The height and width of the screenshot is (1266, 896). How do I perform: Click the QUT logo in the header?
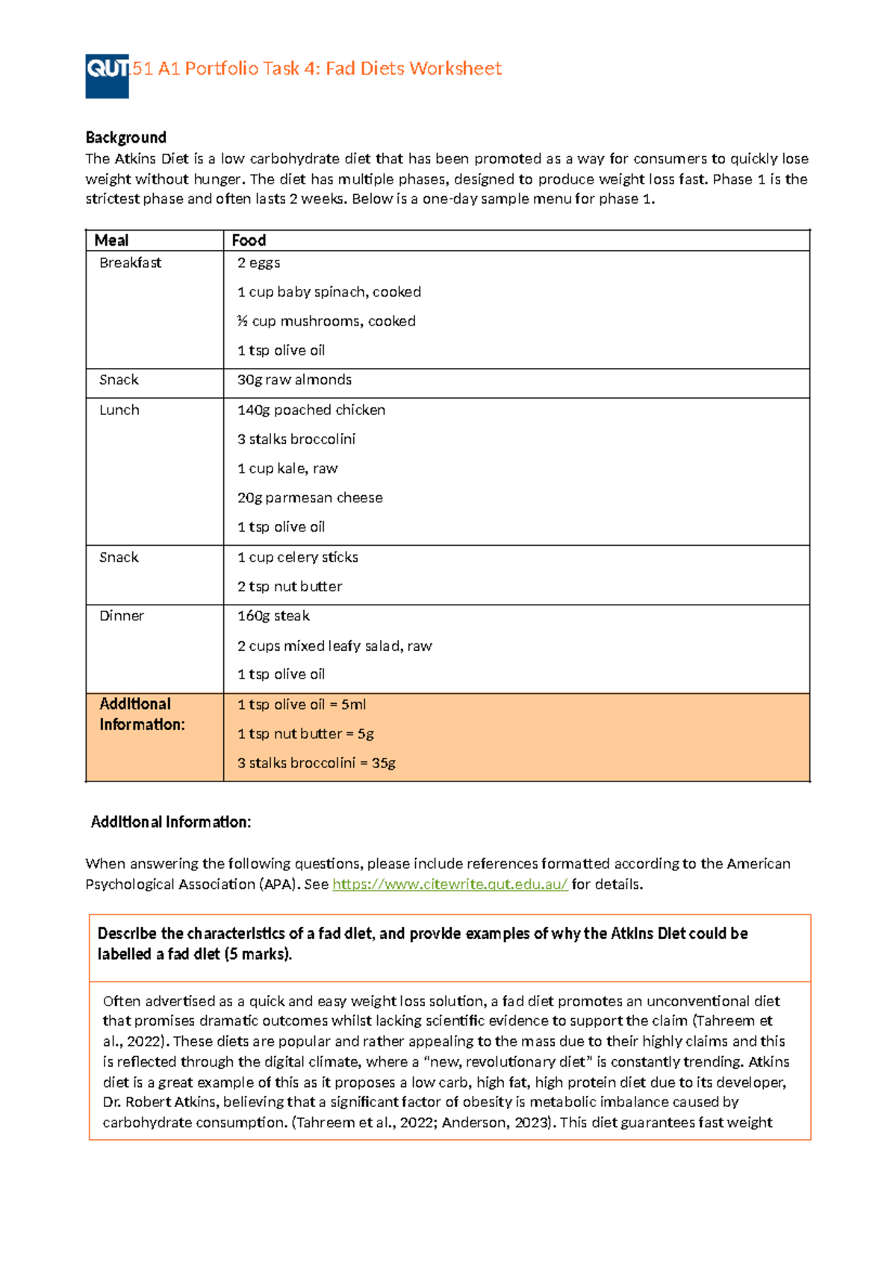click(107, 75)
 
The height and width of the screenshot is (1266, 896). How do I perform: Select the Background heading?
click(125, 137)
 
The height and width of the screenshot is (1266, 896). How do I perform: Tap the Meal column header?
click(111, 240)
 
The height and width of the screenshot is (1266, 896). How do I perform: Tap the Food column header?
click(249, 240)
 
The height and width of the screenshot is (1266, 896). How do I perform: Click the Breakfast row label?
click(130, 263)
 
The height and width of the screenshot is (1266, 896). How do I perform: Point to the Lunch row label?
click(119, 410)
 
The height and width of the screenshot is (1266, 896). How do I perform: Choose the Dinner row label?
click(122, 616)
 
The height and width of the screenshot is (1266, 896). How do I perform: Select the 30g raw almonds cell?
click(294, 380)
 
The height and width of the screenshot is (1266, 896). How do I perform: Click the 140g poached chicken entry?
click(311, 410)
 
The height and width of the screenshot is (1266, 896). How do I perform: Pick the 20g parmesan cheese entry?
click(310, 498)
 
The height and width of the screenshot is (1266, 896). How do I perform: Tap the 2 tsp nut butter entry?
click(290, 587)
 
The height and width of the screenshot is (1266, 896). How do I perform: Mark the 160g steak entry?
click(273, 616)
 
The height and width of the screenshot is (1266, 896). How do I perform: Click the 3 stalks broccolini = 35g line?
click(317, 763)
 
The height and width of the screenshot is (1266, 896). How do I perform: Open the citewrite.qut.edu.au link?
click(449, 885)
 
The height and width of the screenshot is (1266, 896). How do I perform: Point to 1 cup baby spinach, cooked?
click(329, 292)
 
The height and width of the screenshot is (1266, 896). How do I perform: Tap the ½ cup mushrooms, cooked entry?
click(326, 321)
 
